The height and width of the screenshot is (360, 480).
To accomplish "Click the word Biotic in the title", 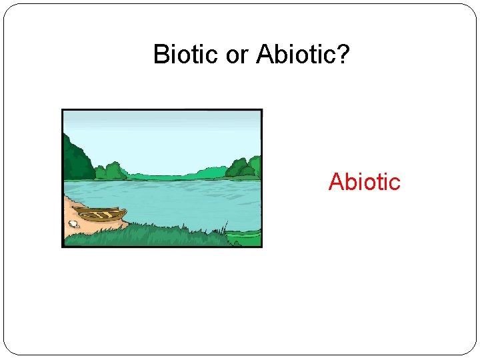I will coord(187,54).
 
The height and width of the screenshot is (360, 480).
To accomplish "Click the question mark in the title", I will coord(343,54).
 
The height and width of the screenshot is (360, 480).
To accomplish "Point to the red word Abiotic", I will coord(364,181).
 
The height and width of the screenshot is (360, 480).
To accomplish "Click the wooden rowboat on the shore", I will coord(100,214).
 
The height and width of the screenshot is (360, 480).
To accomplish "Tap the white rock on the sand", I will coord(73,224).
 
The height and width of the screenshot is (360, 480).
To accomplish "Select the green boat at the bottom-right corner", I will coord(244,235).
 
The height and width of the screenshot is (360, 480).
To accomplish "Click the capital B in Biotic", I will coord(161,54).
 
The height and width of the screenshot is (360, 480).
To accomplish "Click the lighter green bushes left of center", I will coord(111,171).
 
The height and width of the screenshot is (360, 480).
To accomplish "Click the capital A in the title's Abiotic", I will coord(264,54).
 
